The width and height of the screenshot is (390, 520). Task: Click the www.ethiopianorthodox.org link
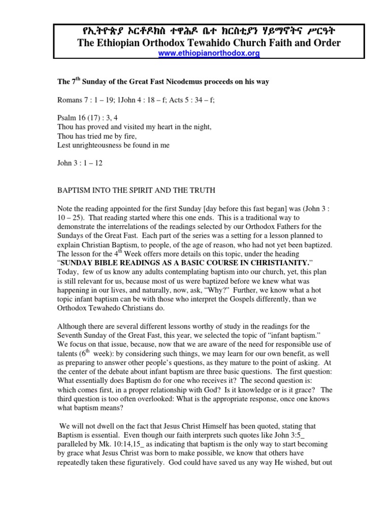[209, 53]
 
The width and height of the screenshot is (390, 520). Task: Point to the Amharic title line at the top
[209, 31]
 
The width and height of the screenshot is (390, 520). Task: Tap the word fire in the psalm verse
[125, 136]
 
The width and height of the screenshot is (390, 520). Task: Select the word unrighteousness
[95, 145]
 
